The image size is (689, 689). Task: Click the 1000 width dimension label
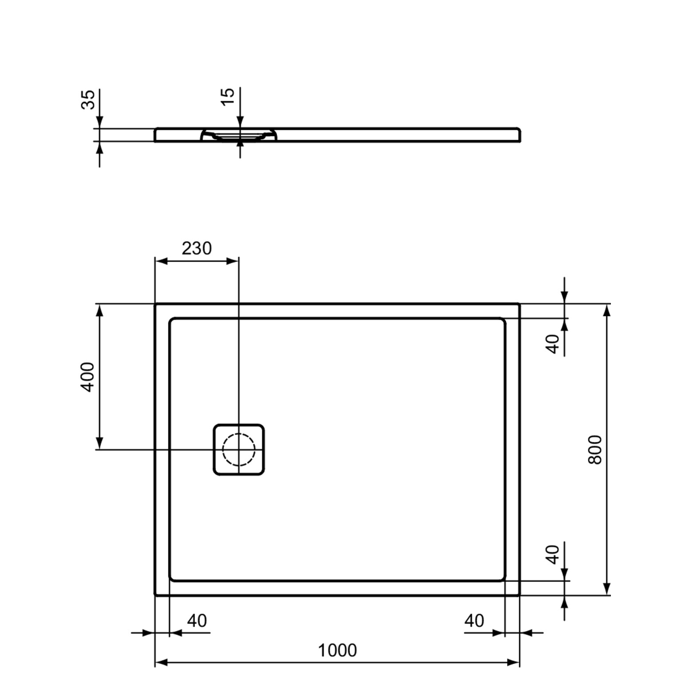coord(337,650)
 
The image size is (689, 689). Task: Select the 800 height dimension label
coord(595,449)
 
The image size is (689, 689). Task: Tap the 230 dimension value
coord(197,248)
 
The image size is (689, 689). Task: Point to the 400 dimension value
coord(87,377)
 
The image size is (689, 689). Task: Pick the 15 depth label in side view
coord(228,96)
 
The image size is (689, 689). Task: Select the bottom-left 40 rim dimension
coord(197,621)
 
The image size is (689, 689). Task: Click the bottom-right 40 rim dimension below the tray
coord(474,621)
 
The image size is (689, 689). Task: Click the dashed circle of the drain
coord(238,449)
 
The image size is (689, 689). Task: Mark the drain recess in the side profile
coord(238,135)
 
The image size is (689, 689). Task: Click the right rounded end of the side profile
coord(519,135)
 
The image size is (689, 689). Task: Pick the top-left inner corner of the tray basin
coord(171,320)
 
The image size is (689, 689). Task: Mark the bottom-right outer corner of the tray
coord(519,594)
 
